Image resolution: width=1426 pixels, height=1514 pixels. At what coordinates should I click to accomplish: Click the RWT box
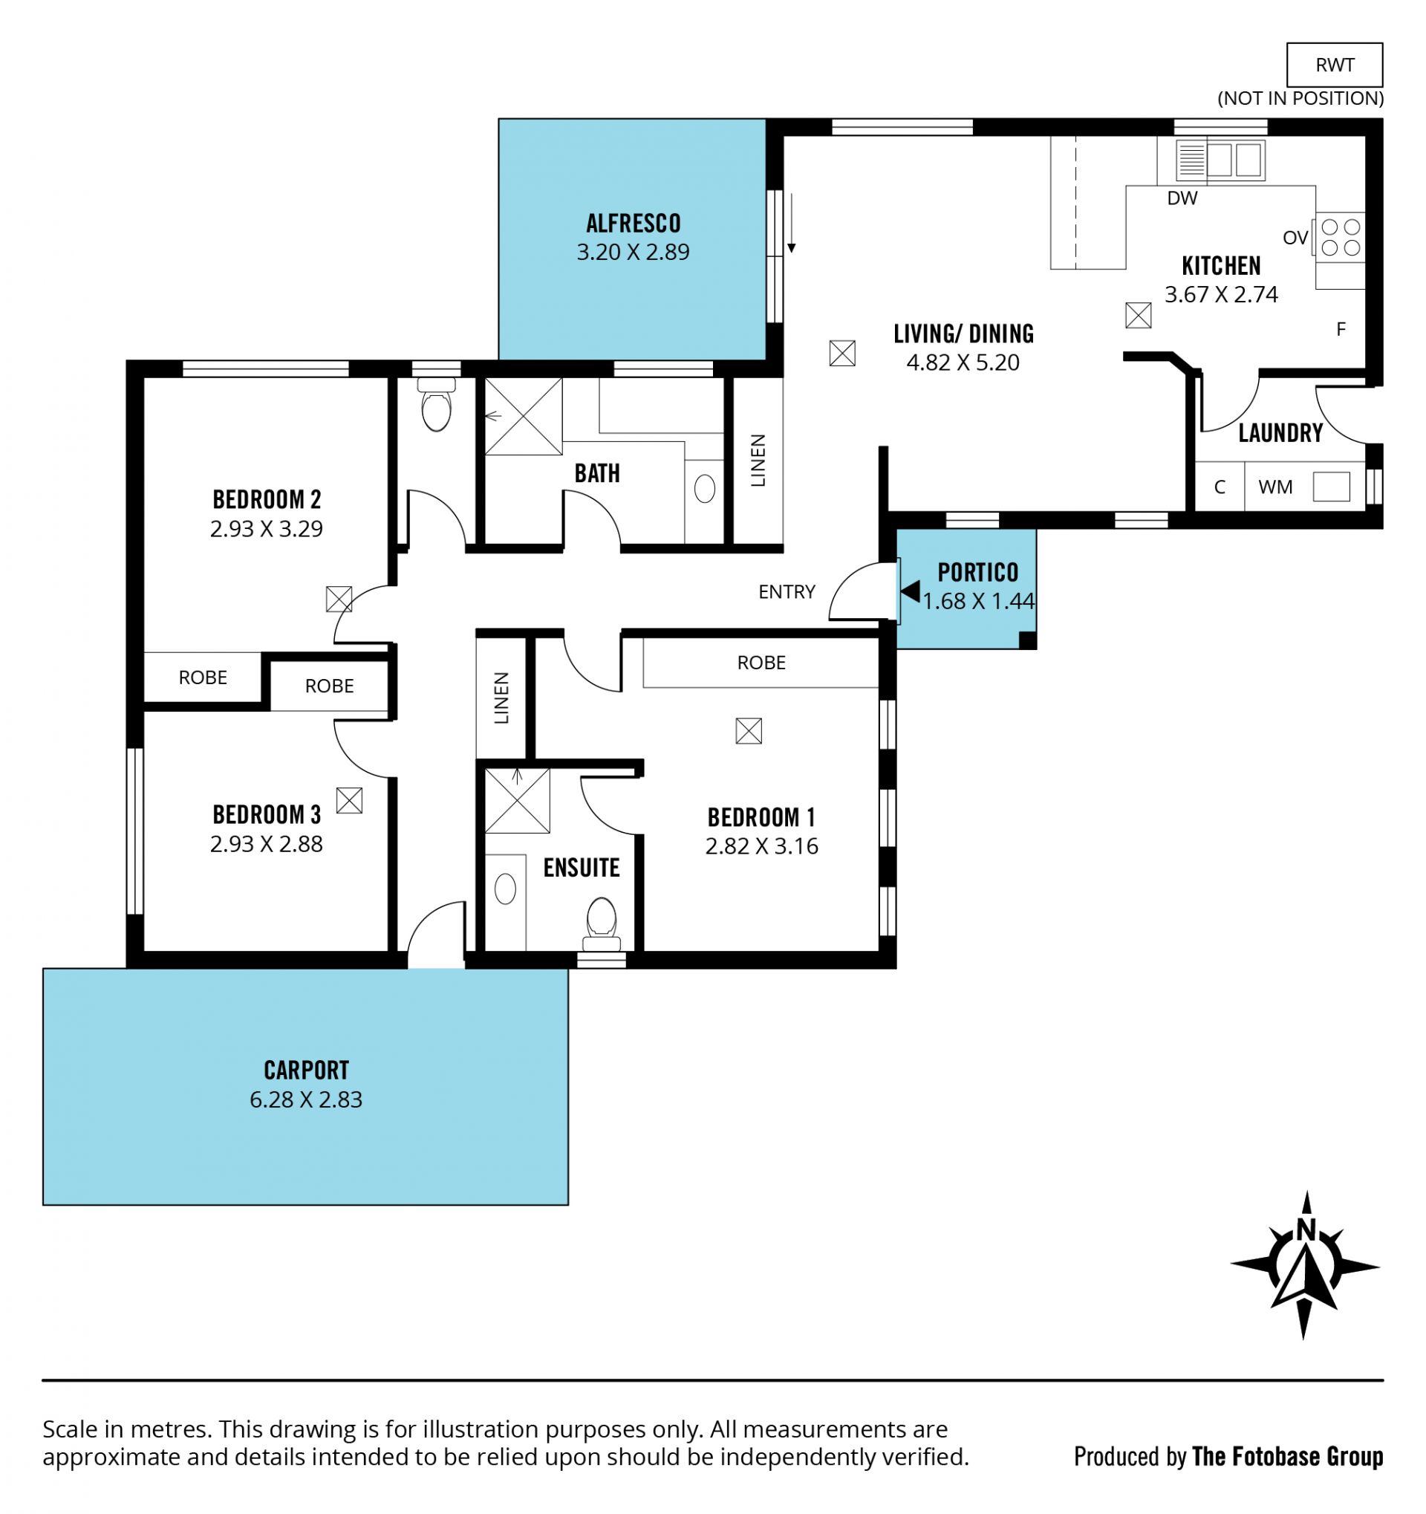pos(1334,65)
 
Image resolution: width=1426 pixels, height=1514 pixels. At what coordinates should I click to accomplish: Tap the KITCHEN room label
pos(1220,266)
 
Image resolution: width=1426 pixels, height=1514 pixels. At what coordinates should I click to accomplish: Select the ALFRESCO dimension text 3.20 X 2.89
pos(633,252)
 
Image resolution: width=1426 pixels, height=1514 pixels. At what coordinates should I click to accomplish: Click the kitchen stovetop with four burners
pos(1340,237)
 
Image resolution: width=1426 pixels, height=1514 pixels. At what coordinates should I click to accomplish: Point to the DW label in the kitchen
pos(1182,198)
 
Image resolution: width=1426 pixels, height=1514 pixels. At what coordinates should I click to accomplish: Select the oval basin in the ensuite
pos(505,888)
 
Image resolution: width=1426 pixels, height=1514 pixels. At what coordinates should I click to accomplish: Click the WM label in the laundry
pos(1275,487)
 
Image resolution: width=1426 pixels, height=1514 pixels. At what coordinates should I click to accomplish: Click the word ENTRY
pos(787,592)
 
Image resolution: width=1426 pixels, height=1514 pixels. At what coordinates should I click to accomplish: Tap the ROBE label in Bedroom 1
pos(761,663)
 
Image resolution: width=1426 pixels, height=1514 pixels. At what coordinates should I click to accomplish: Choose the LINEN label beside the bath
pos(758,461)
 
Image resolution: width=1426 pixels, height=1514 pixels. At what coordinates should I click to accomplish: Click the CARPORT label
pos(306,1070)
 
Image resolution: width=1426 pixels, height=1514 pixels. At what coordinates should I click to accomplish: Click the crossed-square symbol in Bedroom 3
pos(348,800)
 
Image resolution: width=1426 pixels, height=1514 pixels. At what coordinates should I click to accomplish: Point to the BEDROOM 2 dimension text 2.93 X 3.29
pos(267,528)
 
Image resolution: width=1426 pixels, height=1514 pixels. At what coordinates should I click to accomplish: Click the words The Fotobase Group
pos(1287,1456)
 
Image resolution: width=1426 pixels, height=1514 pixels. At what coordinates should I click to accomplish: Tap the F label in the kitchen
pos(1341,329)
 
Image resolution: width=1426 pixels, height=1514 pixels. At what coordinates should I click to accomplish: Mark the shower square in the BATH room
pos(523,417)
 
